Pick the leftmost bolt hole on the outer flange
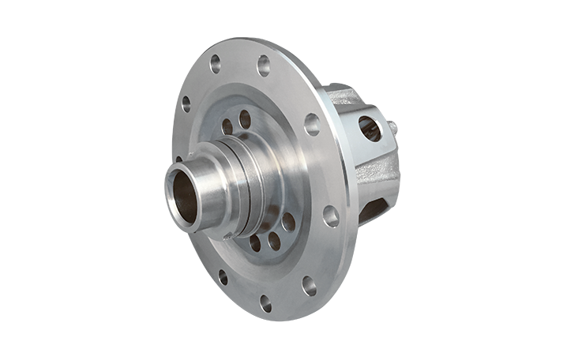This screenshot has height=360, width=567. click(186, 103)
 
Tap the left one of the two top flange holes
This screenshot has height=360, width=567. click(215, 64)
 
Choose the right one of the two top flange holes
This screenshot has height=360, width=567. click(263, 66)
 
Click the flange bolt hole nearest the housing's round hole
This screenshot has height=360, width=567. click(312, 124)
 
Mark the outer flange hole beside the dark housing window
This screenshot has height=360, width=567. click(330, 216)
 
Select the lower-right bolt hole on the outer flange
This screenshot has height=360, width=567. click(309, 285)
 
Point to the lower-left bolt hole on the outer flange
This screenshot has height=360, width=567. click(223, 276)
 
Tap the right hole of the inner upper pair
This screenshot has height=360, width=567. click(245, 119)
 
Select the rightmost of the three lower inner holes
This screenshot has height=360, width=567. click(288, 222)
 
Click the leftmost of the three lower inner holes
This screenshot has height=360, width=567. click(255, 243)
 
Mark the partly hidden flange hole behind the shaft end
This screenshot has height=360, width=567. click(178, 159)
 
